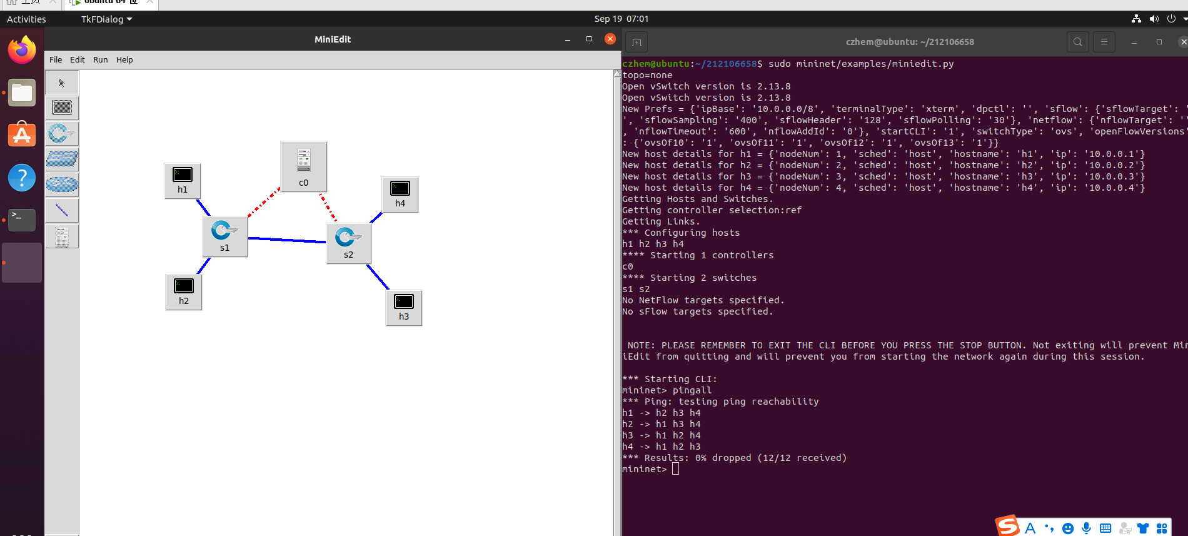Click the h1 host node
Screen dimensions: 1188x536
(x=183, y=180)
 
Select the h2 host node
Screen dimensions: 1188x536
(x=184, y=291)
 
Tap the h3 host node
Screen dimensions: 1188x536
(x=404, y=307)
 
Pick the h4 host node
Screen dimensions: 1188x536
(x=400, y=194)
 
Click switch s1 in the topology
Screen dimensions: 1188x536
(x=224, y=236)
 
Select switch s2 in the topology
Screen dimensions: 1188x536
(x=348, y=243)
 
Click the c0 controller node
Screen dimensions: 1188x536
(x=304, y=166)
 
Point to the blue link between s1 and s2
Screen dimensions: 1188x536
(x=287, y=240)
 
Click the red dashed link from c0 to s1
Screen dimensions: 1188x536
(x=264, y=202)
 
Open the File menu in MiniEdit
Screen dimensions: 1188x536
(x=56, y=60)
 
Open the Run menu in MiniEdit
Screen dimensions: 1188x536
(x=100, y=60)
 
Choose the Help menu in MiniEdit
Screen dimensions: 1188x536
(x=124, y=60)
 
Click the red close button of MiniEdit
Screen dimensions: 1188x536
(x=610, y=39)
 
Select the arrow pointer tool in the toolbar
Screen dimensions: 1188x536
(x=62, y=83)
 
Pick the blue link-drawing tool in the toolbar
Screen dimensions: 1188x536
(x=62, y=210)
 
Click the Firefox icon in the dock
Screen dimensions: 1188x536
(x=22, y=50)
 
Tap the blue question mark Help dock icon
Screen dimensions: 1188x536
(x=22, y=178)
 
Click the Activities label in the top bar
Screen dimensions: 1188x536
(x=26, y=19)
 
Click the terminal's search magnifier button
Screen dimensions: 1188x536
(x=1077, y=42)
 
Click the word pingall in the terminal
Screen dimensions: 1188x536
(x=692, y=390)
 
